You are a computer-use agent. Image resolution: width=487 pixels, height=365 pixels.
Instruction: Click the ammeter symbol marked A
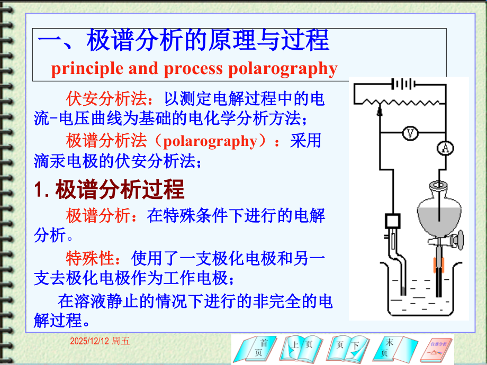click(x=446, y=149)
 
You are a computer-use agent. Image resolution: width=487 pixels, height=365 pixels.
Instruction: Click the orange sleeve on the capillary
click(x=439, y=263)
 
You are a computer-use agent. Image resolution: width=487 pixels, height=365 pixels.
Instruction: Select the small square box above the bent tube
click(x=393, y=220)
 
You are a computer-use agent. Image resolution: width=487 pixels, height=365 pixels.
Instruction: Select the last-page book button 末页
click(x=391, y=349)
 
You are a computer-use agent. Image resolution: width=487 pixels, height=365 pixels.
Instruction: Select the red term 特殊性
click(x=90, y=259)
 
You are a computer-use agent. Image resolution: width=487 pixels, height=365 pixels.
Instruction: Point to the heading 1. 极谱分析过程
click(x=109, y=189)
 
